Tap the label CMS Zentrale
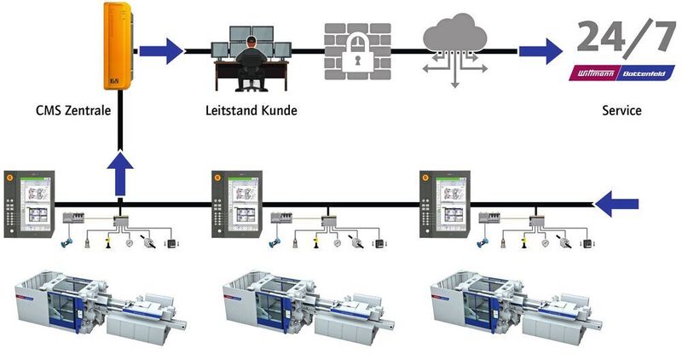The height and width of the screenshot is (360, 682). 72,110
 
